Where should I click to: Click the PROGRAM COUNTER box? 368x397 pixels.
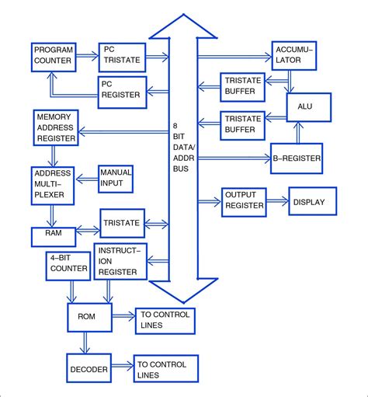coord(54,55)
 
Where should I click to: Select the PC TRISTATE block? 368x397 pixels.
coord(121,55)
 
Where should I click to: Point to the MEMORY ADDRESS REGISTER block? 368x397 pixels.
coord(54,127)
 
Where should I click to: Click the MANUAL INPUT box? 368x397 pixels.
coord(115,179)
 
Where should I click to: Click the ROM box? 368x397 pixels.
coord(85,317)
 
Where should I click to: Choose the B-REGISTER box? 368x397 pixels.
coord(296,158)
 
